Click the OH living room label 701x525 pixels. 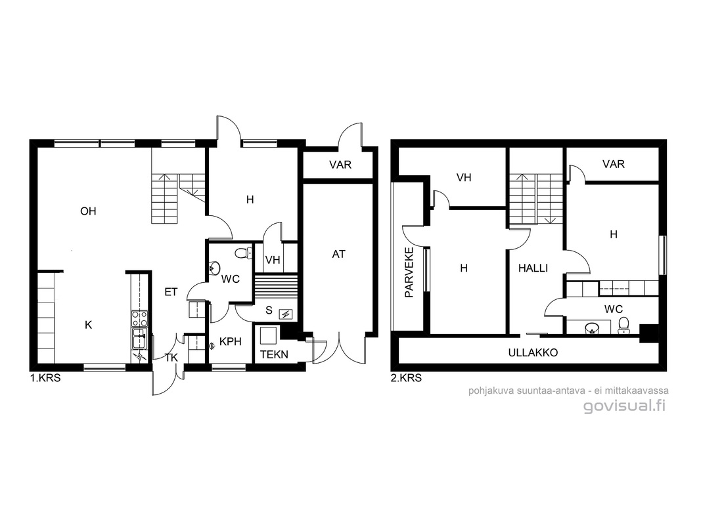[x=88, y=211]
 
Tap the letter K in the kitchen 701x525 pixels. [x=88, y=325]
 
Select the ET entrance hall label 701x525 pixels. [x=171, y=292]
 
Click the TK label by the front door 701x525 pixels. [x=171, y=358]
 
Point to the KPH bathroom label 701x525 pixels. [x=230, y=341]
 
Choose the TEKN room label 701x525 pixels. [x=274, y=355]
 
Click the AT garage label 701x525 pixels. [x=338, y=254]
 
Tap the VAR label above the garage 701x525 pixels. [x=340, y=165]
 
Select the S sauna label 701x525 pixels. [x=269, y=310]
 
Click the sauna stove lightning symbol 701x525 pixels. [x=285, y=314]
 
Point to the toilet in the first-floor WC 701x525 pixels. [x=243, y=253]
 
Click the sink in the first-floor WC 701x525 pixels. [x=215, y=268]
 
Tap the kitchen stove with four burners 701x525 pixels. [x=139, y=319]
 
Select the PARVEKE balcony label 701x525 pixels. [x=409, y=272]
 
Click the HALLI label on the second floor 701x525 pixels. [x=533, y=268]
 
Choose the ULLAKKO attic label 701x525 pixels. [x=533, y=352]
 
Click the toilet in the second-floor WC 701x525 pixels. [x=623, y=325]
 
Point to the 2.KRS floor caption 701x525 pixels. [x=406, y=378]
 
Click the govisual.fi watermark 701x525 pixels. [x=624, y=406]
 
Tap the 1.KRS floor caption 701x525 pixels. [x=45, y=378]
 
